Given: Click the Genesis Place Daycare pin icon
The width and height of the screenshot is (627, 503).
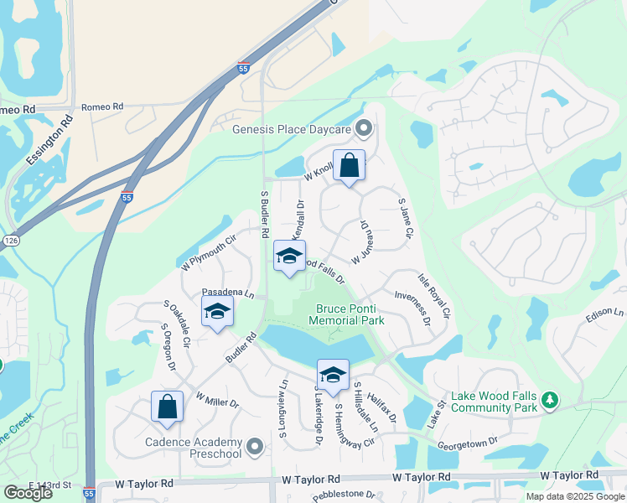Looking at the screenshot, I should click(364, 128).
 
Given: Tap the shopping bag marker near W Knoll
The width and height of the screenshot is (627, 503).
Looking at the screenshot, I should click(349, 166).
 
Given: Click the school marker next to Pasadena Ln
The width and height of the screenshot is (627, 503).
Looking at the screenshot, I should click(217, 311).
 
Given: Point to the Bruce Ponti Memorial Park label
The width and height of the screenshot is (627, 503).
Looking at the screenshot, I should click(346, 314).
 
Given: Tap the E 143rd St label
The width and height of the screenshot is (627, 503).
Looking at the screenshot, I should click(51, 485).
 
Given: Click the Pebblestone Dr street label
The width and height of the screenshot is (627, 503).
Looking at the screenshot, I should click(343, 495).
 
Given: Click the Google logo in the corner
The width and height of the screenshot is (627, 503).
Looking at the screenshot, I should click(28, 493).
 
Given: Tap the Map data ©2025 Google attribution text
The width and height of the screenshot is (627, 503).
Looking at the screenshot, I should click(574, 496).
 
